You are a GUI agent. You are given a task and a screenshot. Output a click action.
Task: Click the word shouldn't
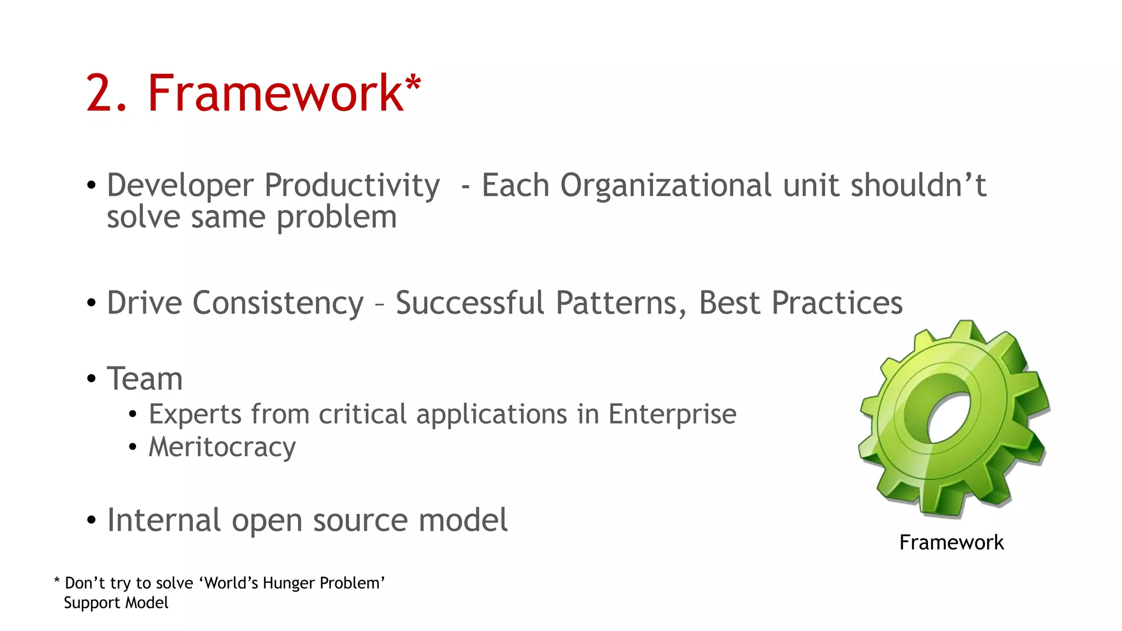pyautogui.click(x=918, y=185)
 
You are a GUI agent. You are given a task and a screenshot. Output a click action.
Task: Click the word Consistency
pyautogui.click(x=278, y=303)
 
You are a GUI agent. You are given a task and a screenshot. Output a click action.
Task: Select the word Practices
pyautogui.click(x=837, y=303)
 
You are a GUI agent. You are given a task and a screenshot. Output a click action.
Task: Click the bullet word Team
pyautogui.click(x=145, y=379)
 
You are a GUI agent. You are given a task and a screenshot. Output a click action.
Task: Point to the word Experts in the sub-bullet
pyautogui.click(x=195, y=414)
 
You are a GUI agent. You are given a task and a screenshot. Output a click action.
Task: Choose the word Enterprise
pyautogui.click(x=672, y=415)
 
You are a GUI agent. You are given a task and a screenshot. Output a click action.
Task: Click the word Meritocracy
pyautogui.click(x=222, y=448)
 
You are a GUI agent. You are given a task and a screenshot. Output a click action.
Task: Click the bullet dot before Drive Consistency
pyautogui.click(x=91, y=303)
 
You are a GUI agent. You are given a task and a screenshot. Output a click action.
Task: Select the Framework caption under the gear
pyautogui.click(x=951, y=543)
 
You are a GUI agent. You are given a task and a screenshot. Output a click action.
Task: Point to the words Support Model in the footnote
pyautogui.click(x=116, y=603)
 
